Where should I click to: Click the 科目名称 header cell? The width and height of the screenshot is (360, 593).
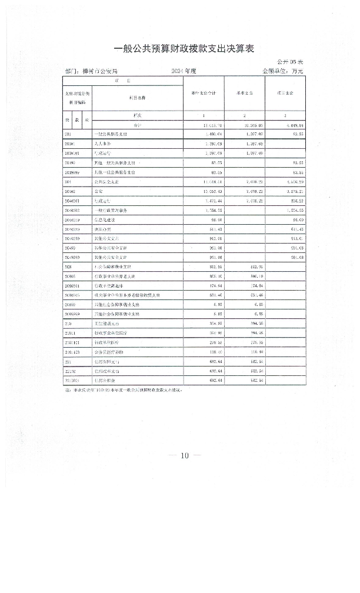coord(137,98)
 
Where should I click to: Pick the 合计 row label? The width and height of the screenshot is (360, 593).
coord(138,125)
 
